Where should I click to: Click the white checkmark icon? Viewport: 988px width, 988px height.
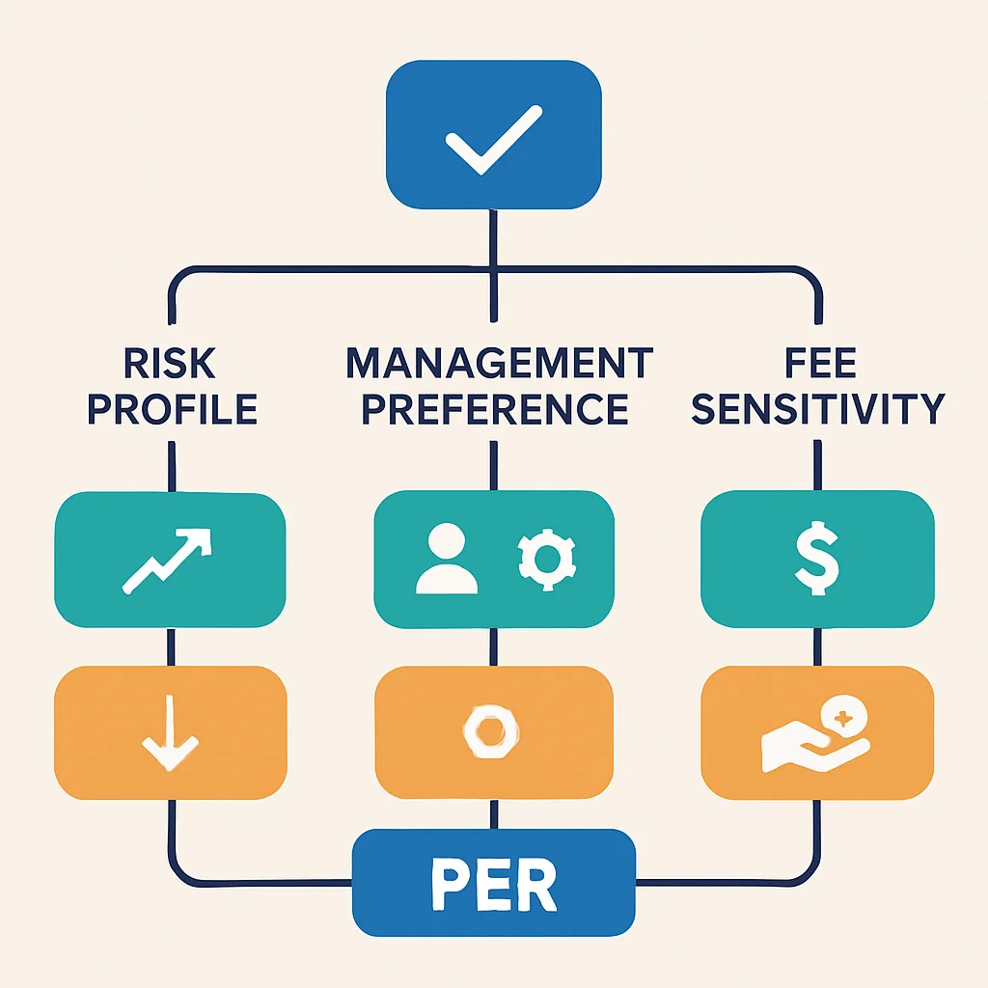point(493,140)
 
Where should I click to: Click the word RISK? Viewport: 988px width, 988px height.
point(170,363)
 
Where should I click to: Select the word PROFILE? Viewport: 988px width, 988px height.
point(172,409)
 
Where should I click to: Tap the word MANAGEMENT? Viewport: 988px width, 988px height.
point(500,363)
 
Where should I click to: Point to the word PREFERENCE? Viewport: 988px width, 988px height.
point(495,409)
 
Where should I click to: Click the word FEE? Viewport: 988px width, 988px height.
point(820,363)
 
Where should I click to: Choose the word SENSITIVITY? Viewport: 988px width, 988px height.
point(818,409)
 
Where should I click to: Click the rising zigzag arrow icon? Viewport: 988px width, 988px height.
point(167,561)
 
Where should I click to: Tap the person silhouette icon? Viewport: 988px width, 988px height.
point(447,559)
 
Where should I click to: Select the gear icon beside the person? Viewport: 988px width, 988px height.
point(546,559)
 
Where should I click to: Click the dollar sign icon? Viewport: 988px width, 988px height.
point(816,559)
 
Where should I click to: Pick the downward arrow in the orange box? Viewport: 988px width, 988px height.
point(170,733)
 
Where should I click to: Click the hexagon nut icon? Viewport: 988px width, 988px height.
point(491,731)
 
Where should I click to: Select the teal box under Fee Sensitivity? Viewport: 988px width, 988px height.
point(817,559)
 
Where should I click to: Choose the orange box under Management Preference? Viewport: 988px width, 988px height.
point(494,732)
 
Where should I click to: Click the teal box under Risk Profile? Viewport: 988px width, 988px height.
point(170,560)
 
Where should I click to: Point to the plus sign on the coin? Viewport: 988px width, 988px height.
point(843,718)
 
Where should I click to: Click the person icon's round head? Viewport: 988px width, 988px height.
point(447,540)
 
